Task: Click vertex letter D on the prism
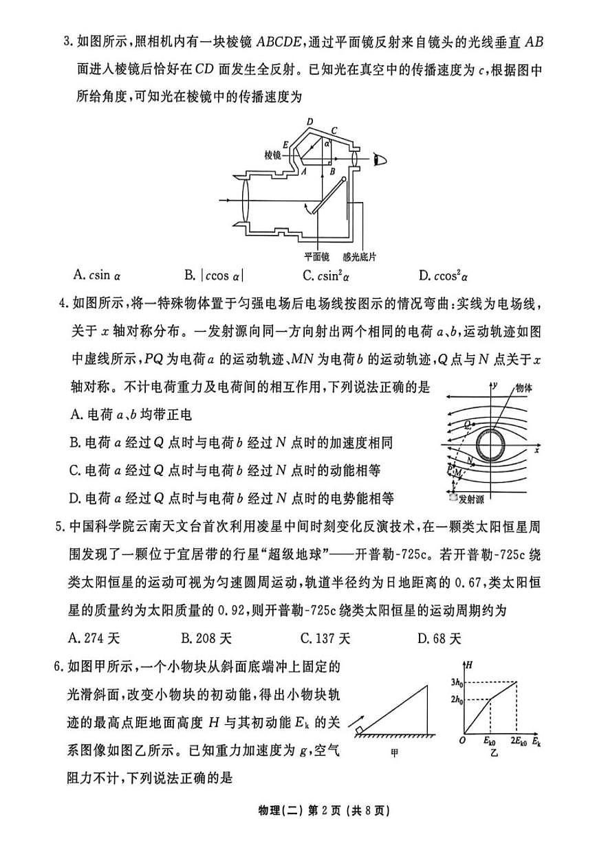[310, 122]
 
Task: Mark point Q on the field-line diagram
[468, 425]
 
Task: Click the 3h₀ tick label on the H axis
[455, 682]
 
